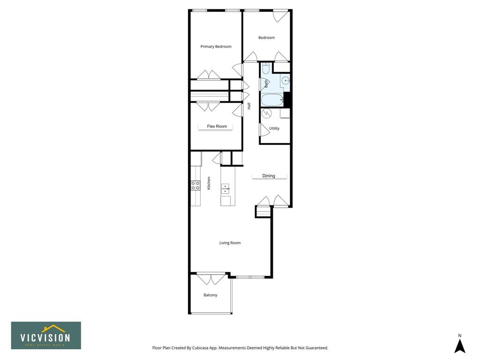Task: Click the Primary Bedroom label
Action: (x=216, y=46)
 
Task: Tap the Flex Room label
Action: (x=217, y=126)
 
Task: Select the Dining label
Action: (x=269, y=176)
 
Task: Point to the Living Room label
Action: (x=230, y=243)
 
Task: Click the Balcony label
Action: (x=210, y=295)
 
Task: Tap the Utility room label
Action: (x=274, y=128)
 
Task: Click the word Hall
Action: (x=249, y=106)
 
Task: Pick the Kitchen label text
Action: (x=209, y=183)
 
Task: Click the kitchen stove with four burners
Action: (x=195, y=186)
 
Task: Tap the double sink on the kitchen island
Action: (x=225, y=189)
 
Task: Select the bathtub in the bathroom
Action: (x=272, y=100)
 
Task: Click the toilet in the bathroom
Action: (x=265, y=68)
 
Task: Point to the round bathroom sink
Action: (x=285, y=81)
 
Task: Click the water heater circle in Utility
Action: (x=267, y=113)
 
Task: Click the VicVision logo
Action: (x=46, y=335)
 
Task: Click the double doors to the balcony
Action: (x=211, y=278)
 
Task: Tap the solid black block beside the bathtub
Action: (x=287, y=99)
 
